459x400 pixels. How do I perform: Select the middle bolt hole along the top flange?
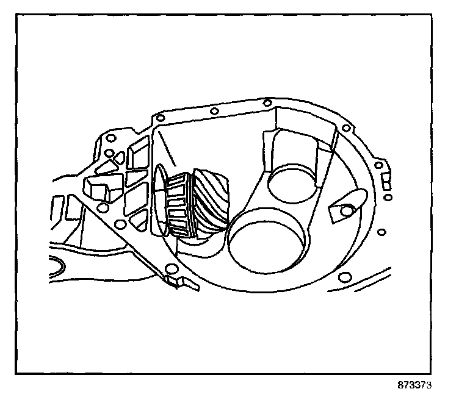214,111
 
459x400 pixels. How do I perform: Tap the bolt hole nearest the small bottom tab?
172,271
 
